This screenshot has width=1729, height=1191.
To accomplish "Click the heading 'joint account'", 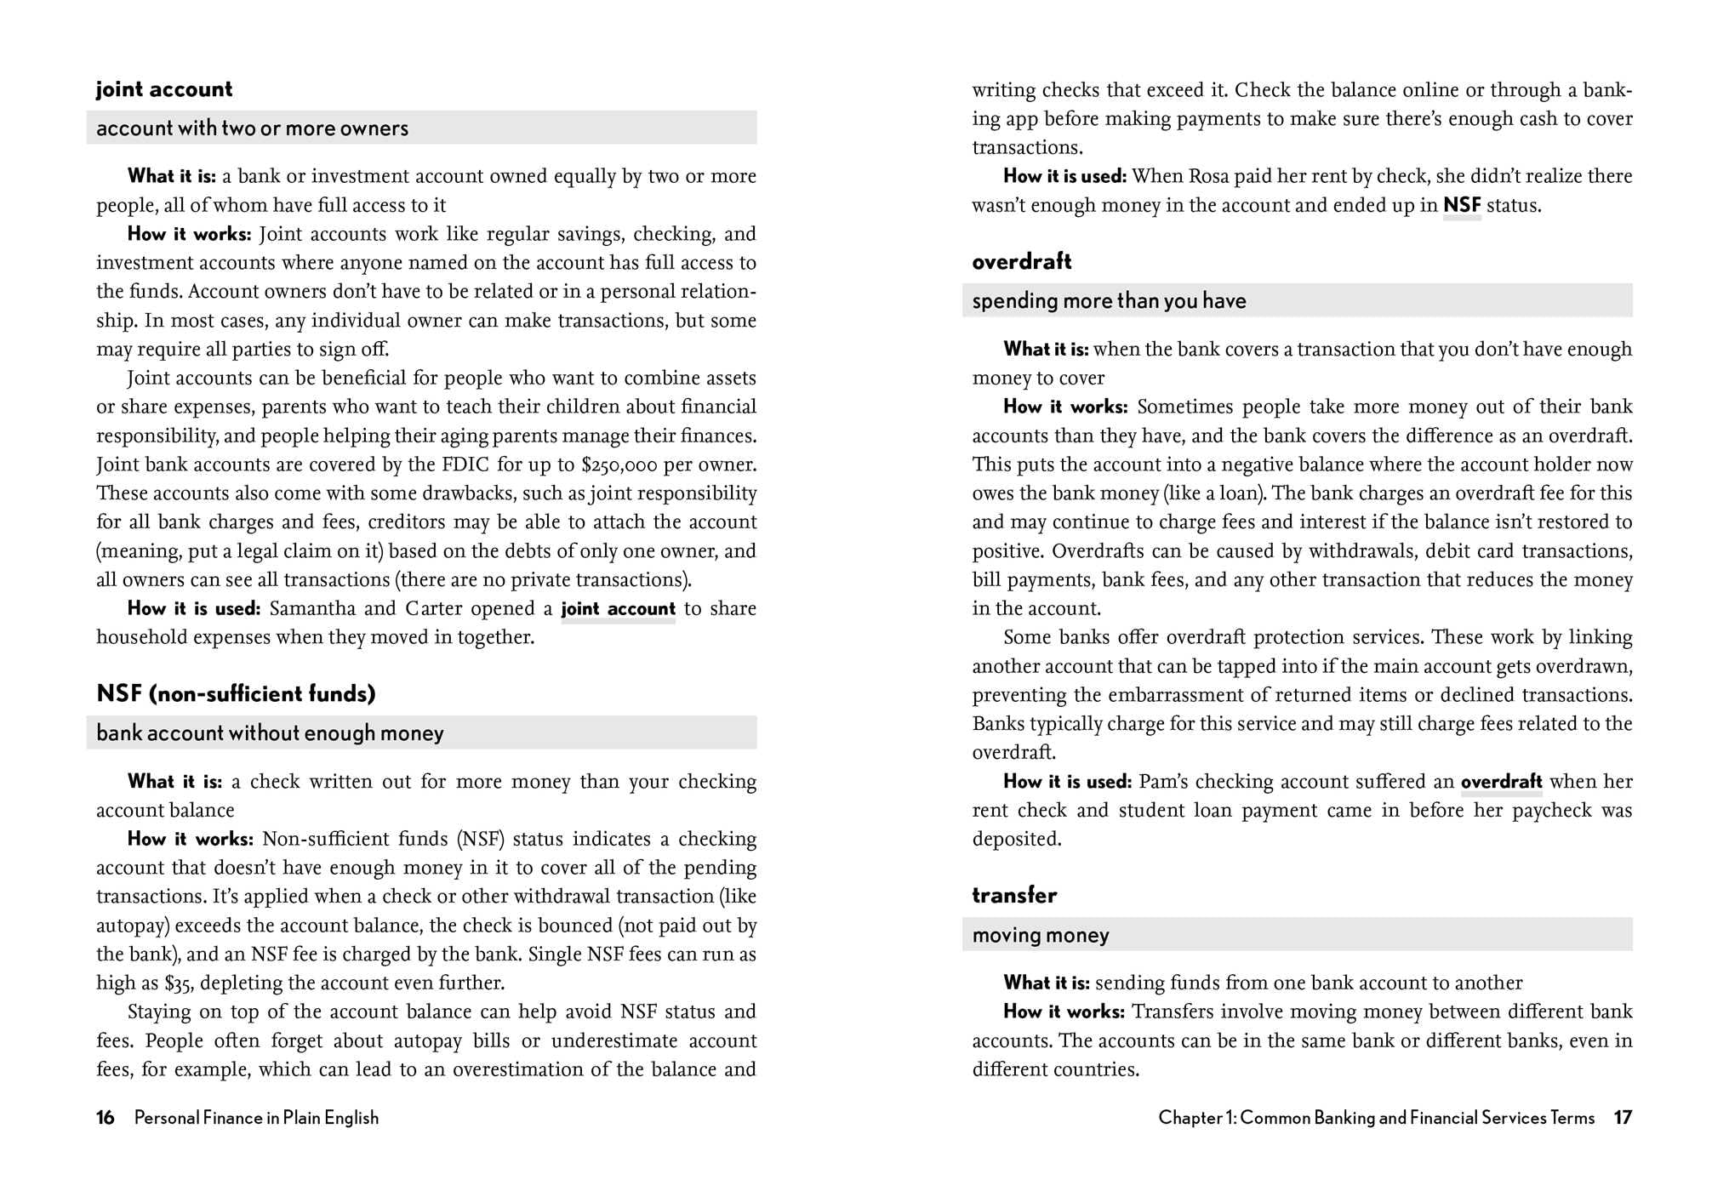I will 164,89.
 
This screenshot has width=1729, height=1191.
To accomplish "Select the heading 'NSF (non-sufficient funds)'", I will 236,693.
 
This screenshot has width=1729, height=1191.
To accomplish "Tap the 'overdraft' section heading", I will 1021,261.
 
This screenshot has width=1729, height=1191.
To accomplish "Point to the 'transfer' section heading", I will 1014,895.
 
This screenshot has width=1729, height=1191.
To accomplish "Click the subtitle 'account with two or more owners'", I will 252,128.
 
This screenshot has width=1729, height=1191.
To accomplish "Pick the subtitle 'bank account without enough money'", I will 270,733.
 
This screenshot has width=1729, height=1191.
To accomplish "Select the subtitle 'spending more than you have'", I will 1109,301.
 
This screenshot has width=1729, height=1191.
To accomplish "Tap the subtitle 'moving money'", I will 1041,936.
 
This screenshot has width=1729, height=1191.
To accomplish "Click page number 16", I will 106,1118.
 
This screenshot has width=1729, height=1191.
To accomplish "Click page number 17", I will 1623,1118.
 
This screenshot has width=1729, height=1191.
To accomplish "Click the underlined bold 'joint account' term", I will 618,609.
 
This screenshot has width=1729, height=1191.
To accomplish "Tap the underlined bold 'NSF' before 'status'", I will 1462,205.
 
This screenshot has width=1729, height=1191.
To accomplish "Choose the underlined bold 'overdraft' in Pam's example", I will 1501,782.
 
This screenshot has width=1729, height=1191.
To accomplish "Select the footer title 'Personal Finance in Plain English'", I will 256,1118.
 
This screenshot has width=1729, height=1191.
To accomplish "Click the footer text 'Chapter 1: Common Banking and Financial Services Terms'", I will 1376,1118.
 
